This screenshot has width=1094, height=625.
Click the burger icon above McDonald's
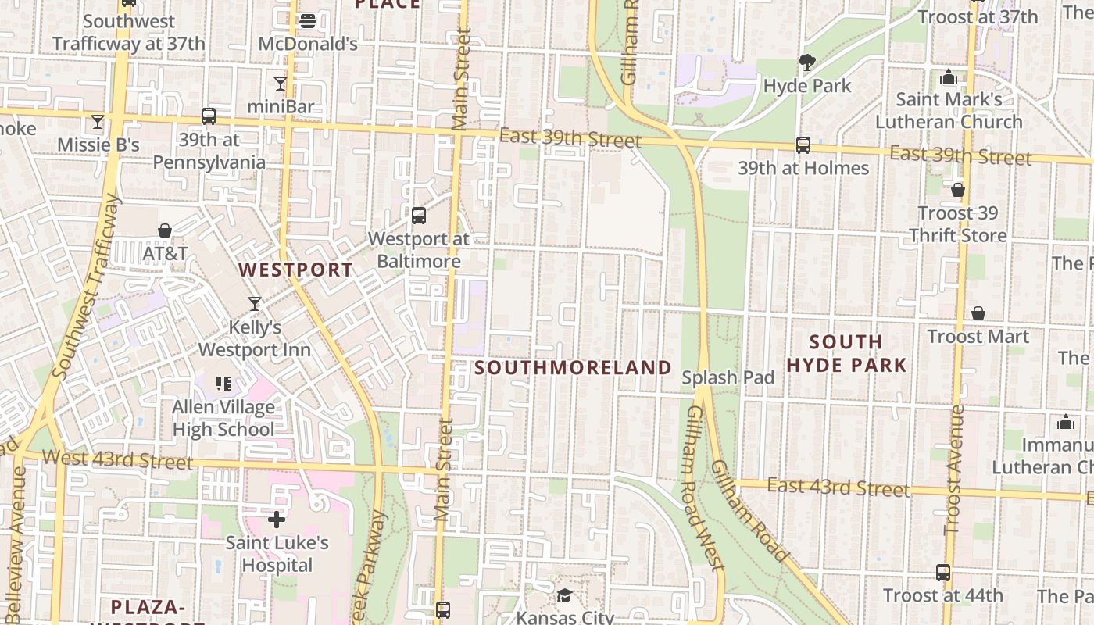308,21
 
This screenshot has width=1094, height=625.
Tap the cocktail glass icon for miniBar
281,83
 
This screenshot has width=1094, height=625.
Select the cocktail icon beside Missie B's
98,121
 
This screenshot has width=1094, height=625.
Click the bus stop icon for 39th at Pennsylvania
209,116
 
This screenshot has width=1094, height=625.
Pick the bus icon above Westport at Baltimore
419,215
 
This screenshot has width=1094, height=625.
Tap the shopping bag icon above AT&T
165,230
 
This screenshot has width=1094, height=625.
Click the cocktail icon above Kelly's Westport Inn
255,303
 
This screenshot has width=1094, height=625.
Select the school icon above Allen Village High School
223,384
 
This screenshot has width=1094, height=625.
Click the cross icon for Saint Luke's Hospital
277,520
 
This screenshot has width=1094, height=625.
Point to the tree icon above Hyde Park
807,62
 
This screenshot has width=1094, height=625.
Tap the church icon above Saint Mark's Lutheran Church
949,77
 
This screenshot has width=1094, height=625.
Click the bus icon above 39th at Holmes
803,145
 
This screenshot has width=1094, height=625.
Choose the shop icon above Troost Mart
978,313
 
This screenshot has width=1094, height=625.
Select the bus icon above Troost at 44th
943,572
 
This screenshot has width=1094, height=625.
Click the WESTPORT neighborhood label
295,270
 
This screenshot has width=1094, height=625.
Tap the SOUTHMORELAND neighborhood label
574,367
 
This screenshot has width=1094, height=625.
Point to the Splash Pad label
728,377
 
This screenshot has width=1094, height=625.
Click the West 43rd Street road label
117,459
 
